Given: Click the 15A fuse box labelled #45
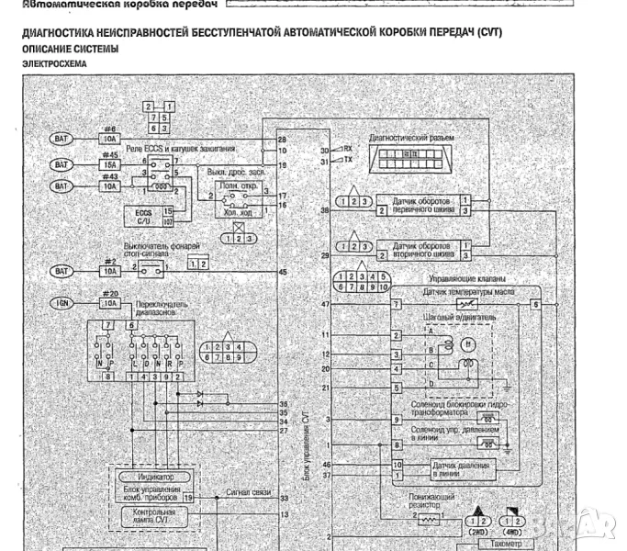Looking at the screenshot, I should [x=110, y=164].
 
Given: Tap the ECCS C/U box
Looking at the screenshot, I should [x=142, y=216].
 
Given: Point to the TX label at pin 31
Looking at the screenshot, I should [x=347, y=160].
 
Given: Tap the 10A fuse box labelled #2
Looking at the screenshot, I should [x=110, y=272].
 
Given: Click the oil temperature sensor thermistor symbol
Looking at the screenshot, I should [x=469, y=303].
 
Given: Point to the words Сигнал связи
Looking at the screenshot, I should [x=248, y=493].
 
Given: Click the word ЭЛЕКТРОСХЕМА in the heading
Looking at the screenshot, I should [x=54, y=65].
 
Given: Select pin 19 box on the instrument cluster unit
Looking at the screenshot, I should [x=187, y=497].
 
